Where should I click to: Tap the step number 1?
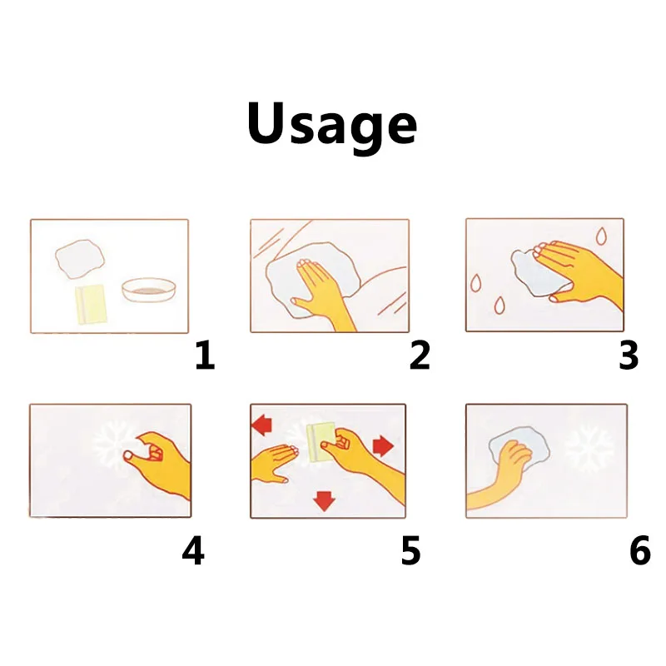tap(205, 355)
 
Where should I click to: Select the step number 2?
tap(420, 355)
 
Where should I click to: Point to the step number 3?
tap(629, 355)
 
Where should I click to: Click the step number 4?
tap(193, 550)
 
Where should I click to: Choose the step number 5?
tap(410, 550)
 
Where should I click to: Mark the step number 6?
tap(640, 550)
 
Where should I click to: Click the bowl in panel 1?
tap(149, 290)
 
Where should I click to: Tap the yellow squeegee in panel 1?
tap(91, 305)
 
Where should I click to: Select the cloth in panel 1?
tap(80, 259)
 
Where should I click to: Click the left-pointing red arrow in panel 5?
tap(262, 425)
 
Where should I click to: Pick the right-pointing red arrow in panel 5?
tap(383, 445)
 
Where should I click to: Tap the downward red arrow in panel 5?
tap(324, 501)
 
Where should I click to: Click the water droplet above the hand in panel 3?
tap(601, 236)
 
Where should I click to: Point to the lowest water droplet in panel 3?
tap(500, 305)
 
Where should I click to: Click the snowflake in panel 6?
tap(589, 447)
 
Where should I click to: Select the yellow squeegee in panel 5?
tap(321, 443)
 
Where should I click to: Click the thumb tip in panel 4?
tap(127, 456)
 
